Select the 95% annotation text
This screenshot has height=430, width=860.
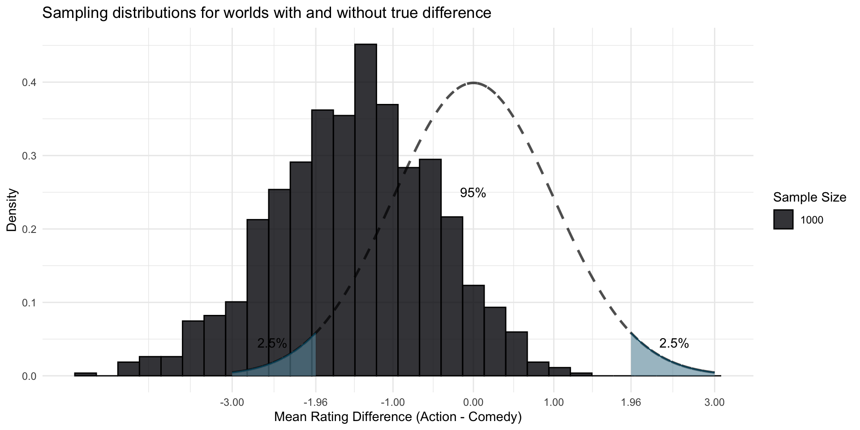[473, 193]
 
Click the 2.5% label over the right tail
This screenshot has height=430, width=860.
[674, 344]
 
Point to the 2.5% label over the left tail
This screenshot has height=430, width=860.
[272, 344]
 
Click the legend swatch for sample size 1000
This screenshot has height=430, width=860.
[783, 220]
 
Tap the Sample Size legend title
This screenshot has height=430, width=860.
[809, 197]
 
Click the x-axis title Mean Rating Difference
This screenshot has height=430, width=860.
[398, 417]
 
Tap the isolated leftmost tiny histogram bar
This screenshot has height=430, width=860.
[85, 374]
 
